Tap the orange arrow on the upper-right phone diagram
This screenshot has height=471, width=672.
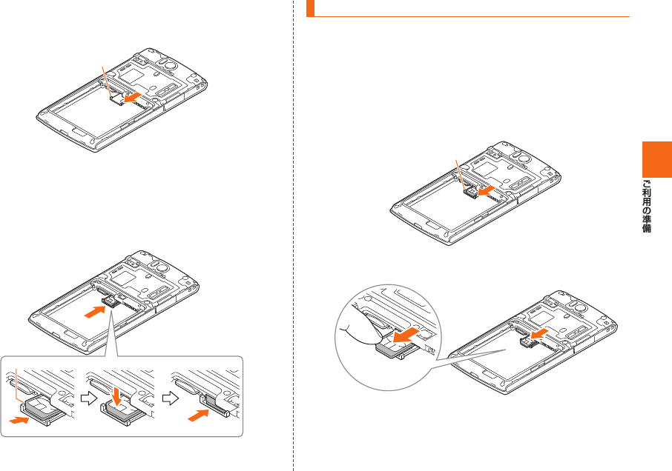tap(487, 191)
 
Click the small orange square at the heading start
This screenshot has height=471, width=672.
tap(311, 10)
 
